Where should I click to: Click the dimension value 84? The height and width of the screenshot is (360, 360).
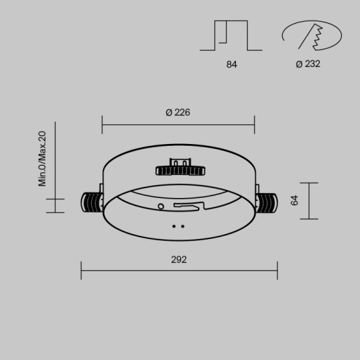[232, 64]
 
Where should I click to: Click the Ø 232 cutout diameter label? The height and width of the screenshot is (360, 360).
[308, 64]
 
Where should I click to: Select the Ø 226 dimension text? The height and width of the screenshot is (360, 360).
[178, 112]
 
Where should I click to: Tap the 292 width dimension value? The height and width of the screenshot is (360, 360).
[179, 259]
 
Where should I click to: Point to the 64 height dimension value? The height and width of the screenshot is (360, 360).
[294, 200]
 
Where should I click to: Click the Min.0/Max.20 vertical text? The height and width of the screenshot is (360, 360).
[42, 158]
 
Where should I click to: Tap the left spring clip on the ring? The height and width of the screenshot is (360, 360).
[92, 202]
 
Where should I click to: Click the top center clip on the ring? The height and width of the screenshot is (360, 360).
[181, 169]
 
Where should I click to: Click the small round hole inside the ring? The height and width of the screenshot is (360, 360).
[161, 206]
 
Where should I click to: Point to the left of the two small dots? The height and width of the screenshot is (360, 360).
[174, 226]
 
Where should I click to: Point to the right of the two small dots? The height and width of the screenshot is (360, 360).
[182, 226]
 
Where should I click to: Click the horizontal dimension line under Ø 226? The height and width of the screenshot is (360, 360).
[178, 125]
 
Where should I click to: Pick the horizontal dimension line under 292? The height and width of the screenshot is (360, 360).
[179, 270]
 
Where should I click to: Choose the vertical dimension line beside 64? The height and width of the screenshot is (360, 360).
[308, 200]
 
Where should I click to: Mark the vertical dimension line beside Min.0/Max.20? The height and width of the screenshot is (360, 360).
[55, 168]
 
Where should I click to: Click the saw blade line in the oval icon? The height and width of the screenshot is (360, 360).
[307, 37]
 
